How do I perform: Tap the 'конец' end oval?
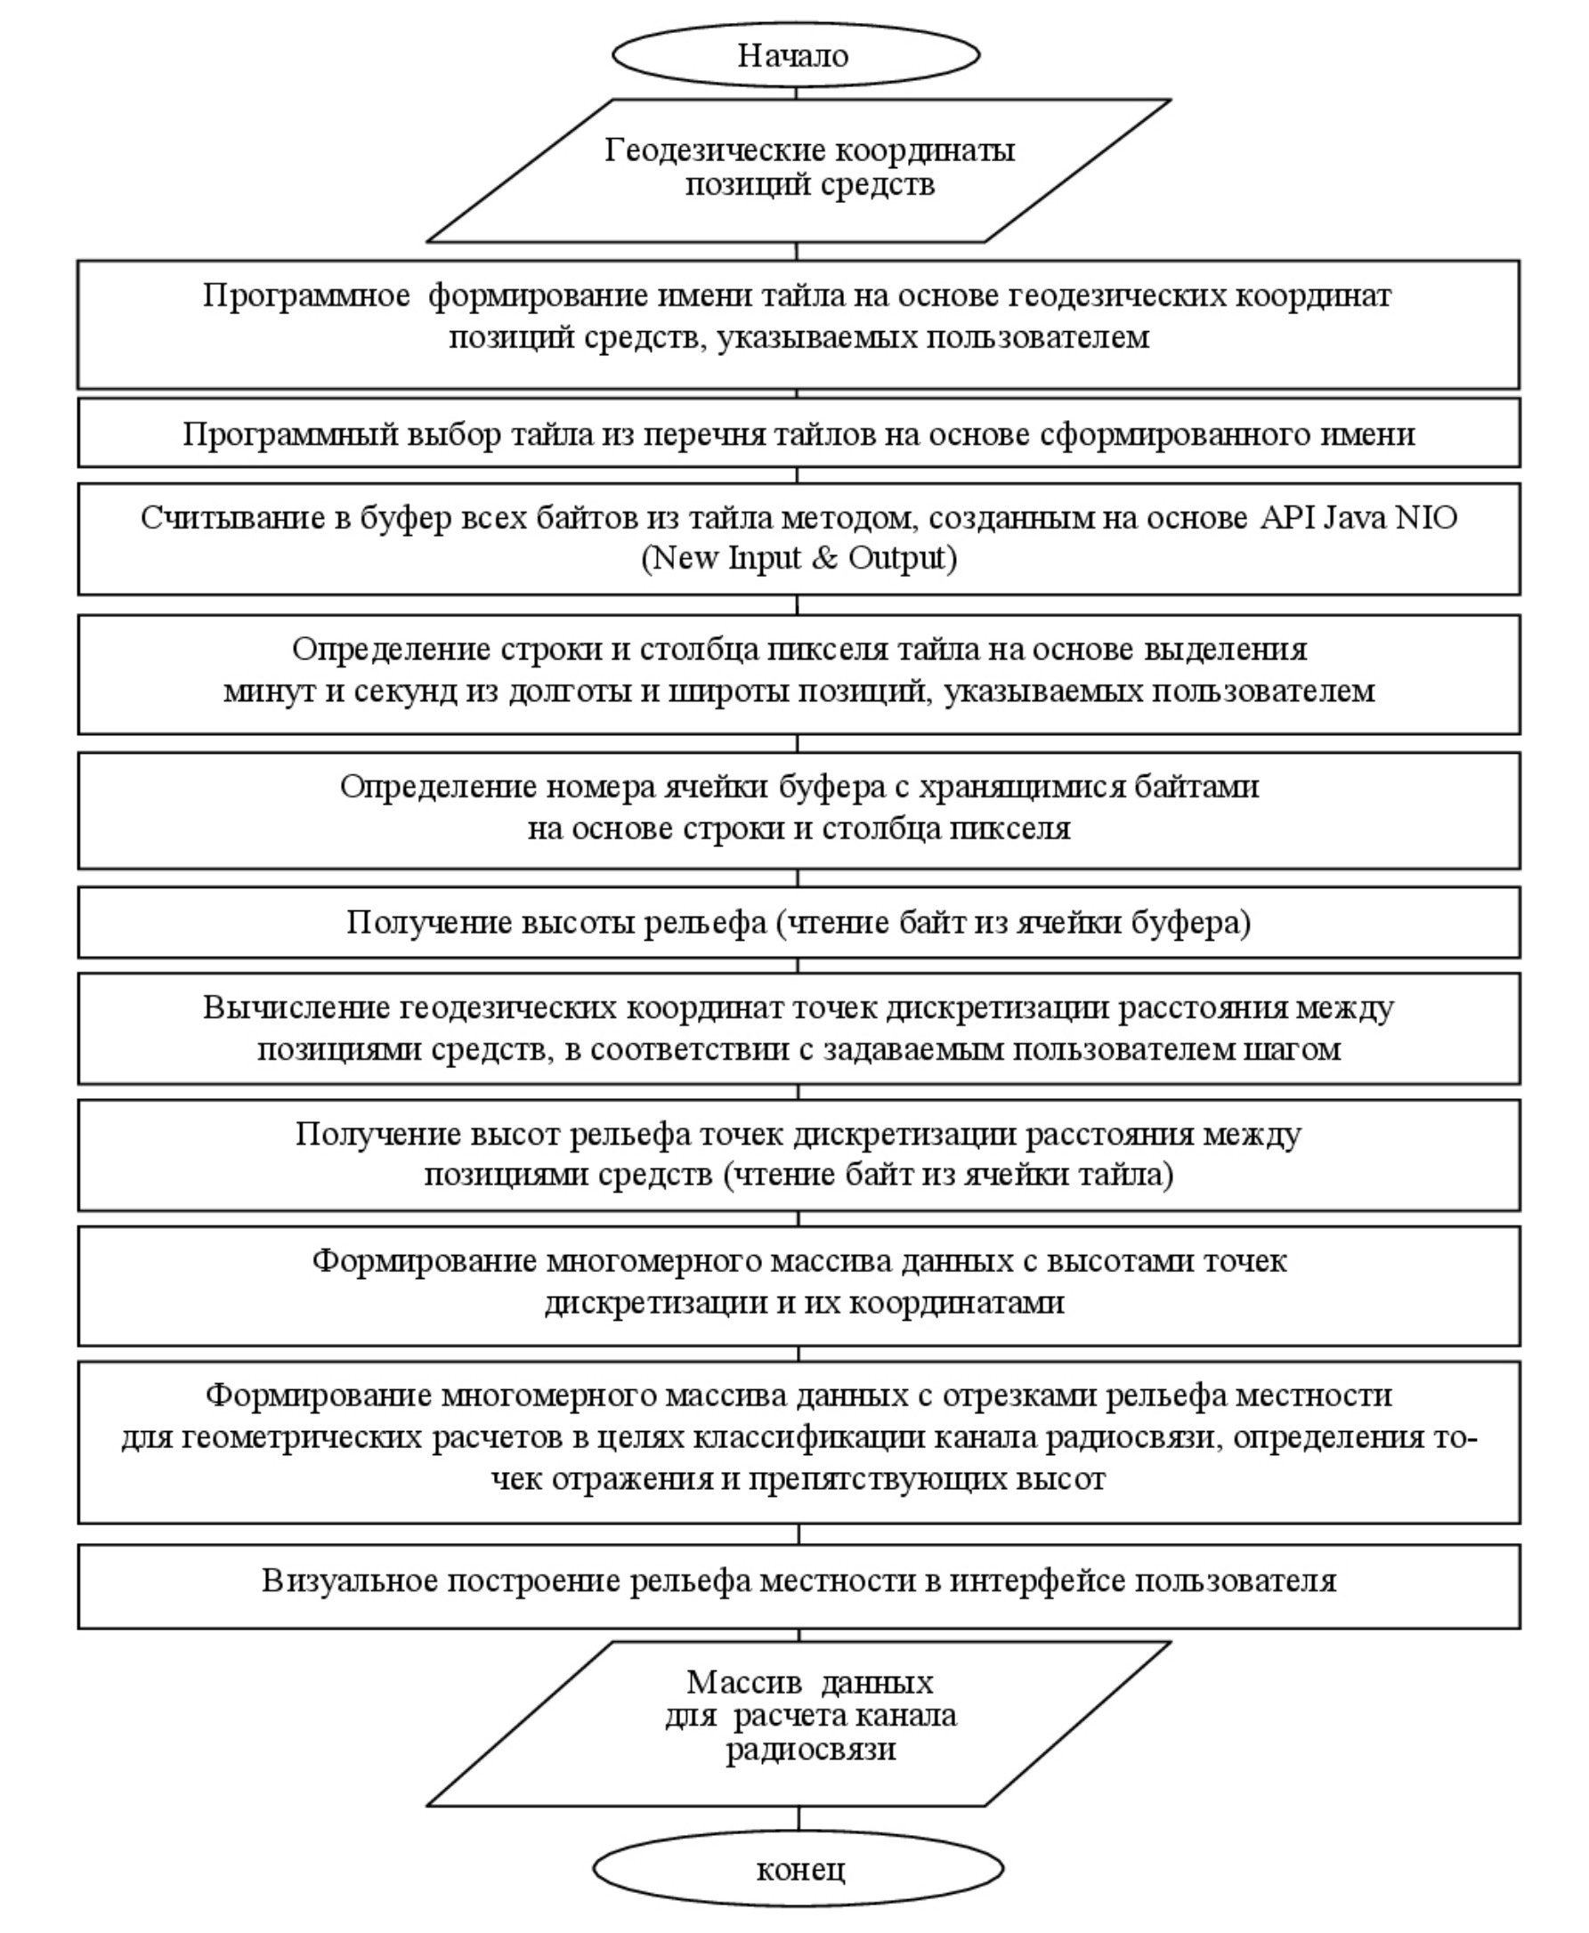pos(799,1868)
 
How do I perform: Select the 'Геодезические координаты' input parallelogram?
pos(799,170)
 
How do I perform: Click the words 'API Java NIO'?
pos(1358,518)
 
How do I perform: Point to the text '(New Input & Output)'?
pos(799,558)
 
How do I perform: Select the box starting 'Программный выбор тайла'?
pos(799,433)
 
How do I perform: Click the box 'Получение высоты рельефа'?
pos(799,923)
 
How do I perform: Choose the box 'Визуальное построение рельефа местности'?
pos(799,1581)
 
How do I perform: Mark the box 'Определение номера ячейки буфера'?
pos(799,810)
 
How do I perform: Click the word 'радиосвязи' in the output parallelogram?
pos(811,1749)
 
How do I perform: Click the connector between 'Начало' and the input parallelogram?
pos(796,93)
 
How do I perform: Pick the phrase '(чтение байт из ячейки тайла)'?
pos(948,1174)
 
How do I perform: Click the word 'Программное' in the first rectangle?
pos(305,296)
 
